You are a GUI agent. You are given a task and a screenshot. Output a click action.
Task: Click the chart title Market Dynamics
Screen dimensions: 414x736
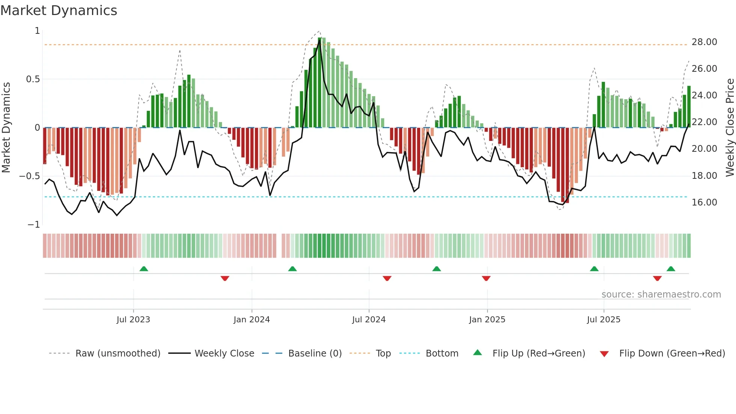click(59, 11)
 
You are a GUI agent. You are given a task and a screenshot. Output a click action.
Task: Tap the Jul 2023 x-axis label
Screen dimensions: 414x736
click(133, 320)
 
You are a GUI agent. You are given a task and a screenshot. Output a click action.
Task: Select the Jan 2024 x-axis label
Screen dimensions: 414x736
click(252, 320)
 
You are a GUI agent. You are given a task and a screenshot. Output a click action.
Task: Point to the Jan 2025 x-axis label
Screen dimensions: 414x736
click(487, 320)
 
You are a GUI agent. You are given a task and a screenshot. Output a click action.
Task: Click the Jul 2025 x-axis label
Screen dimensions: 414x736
click(603, 320)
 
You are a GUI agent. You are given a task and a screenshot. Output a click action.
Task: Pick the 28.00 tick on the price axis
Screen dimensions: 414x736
click(704, 42)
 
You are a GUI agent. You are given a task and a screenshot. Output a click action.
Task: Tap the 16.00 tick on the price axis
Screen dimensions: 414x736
click(704, 202)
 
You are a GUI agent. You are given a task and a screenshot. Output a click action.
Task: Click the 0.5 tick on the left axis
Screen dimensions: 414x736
click(33, 79)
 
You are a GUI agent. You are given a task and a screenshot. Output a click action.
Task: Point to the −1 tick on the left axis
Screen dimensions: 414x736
click(34, 225)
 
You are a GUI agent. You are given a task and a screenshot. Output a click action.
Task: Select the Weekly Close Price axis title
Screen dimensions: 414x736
click(730, 127)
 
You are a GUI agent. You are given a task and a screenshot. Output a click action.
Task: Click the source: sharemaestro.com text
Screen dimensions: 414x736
click(661, 295)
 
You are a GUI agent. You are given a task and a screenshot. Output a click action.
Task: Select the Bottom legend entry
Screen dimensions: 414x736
click(442, 354)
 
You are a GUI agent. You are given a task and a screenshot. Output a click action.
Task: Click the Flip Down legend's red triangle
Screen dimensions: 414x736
click(604, 354)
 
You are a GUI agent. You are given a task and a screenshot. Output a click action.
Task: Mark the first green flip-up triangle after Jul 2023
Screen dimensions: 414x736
click(144, 269)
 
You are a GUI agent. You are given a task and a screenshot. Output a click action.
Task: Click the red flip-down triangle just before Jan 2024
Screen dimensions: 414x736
click(225, 278)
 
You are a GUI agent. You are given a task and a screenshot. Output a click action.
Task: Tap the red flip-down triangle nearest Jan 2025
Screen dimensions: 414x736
click(486, 278)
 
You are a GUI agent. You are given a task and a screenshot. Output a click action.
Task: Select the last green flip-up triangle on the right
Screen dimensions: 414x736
click(671, 269)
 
